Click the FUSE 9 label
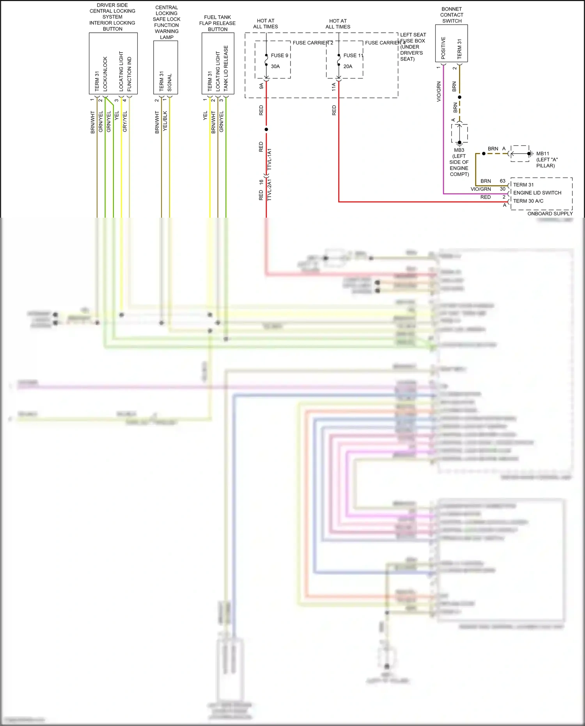tap(279, 55)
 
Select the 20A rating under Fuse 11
tap(347, 66)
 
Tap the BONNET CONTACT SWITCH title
tap(452, 15)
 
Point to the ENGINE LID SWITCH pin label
tap(537, 193)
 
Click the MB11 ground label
tap(542, 154)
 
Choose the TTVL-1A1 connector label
tap(269, 159)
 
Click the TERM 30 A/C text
tap(528, 201)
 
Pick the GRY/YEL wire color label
tap(125, 121)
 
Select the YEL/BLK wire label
tap(165, 121)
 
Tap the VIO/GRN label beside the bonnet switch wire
tap(439, 92)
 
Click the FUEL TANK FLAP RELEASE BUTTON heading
tap(217, 23)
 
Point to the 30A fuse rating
tap(275, 66)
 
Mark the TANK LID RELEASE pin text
tap(226, 68)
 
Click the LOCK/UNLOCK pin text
tap(105, 74)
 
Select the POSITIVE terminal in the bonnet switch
tap(443, 48)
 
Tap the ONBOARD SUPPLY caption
tap(550, 213)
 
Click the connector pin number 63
tap(502, 181)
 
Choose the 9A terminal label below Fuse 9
tap(261, 86)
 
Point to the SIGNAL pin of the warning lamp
tap(169, 83)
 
